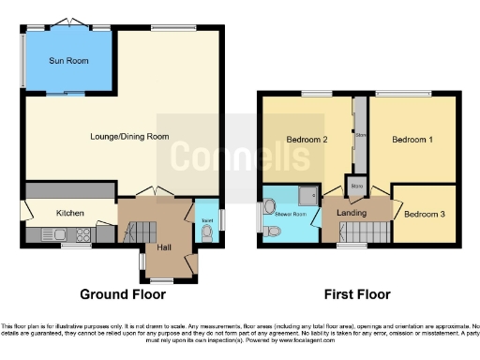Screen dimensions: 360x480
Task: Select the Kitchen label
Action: [x=70, y=213]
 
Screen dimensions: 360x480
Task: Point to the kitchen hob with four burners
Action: [x=82, y=234]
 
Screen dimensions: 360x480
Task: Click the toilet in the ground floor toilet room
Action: [x=206, y=231]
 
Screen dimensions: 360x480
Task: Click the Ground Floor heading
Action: [x=123, y=294]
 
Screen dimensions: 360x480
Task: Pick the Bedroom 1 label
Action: [x=412, y=140]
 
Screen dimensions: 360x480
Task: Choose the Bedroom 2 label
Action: [x=306, y=140]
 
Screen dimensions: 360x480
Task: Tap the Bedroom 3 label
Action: [x=425, y=213]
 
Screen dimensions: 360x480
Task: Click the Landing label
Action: [x=352, y=212]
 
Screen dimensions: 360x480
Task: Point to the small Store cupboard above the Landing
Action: [x=356, y=184]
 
